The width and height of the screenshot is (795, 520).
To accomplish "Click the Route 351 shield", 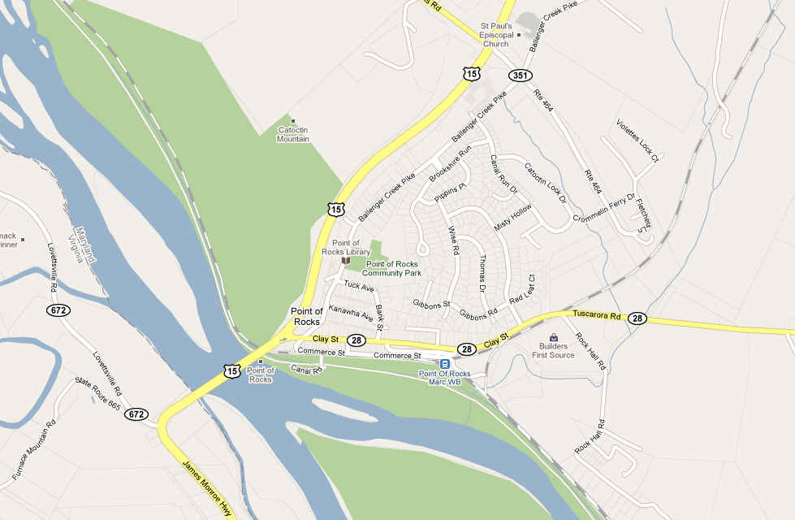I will point(521,76).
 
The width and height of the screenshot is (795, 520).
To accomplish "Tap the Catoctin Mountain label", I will point(293,134).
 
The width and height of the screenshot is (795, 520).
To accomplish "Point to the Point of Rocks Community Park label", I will point(391,268).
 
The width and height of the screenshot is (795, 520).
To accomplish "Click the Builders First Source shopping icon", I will point(554,337).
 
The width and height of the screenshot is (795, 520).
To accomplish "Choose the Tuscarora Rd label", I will point(596,314).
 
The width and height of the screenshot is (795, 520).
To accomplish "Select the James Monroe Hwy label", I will point(206,484).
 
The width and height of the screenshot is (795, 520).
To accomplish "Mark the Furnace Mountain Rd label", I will point(33,449).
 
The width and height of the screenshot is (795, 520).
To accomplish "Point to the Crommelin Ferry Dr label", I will point(602,210).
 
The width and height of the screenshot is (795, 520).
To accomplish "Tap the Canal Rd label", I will point(307,370).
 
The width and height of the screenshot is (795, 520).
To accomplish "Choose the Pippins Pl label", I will point(449,192).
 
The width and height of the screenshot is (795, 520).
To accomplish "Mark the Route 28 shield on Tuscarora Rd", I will point(637,318).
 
